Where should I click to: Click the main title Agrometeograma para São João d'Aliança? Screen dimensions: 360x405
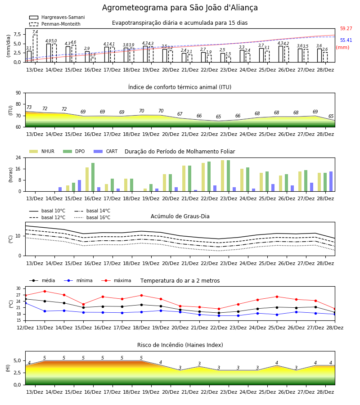click(180, 8)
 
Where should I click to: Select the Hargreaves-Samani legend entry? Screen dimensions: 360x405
click(57, 17)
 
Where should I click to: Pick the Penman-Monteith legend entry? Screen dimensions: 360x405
click(55, 24)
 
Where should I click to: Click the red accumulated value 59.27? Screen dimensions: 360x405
click(346, 28)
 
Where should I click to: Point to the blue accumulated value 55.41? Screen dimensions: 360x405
click(346, 40)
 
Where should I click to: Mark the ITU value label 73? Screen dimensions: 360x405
click(29, 107)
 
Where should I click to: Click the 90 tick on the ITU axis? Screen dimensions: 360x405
click(18, 93)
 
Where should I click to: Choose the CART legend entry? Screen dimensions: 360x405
click(105, 151)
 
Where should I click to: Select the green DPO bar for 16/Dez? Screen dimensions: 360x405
click(93, 177)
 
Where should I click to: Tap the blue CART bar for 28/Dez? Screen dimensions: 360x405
click(331, 182)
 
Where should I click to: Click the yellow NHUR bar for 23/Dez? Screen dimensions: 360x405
click(223, 176)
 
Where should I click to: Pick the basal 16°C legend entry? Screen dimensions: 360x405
click(92, 217)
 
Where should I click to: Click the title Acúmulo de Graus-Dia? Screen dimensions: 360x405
click(180, 216)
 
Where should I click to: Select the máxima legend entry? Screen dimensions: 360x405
click(116, 280)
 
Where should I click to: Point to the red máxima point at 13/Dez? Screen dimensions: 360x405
click(45, 291)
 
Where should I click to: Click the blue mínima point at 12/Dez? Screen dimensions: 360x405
click(26, 303)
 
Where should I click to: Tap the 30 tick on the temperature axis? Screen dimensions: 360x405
click(18, 288)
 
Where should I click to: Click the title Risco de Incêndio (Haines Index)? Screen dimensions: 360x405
click(180, 345)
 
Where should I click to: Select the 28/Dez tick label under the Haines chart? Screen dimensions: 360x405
click(325, 392)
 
